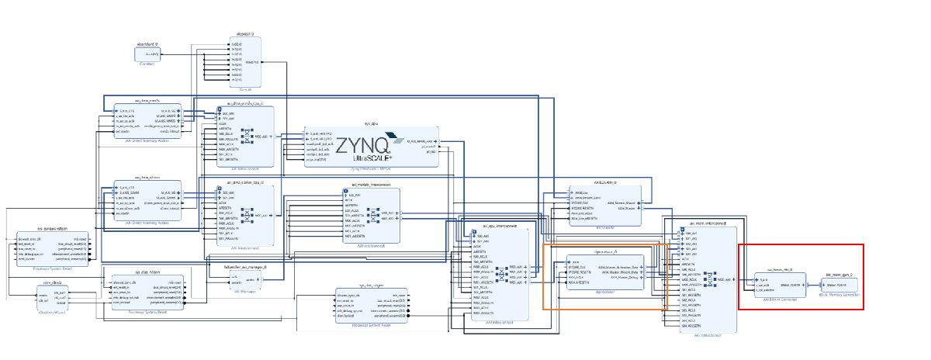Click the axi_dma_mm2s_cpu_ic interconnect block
click(245, 136)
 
